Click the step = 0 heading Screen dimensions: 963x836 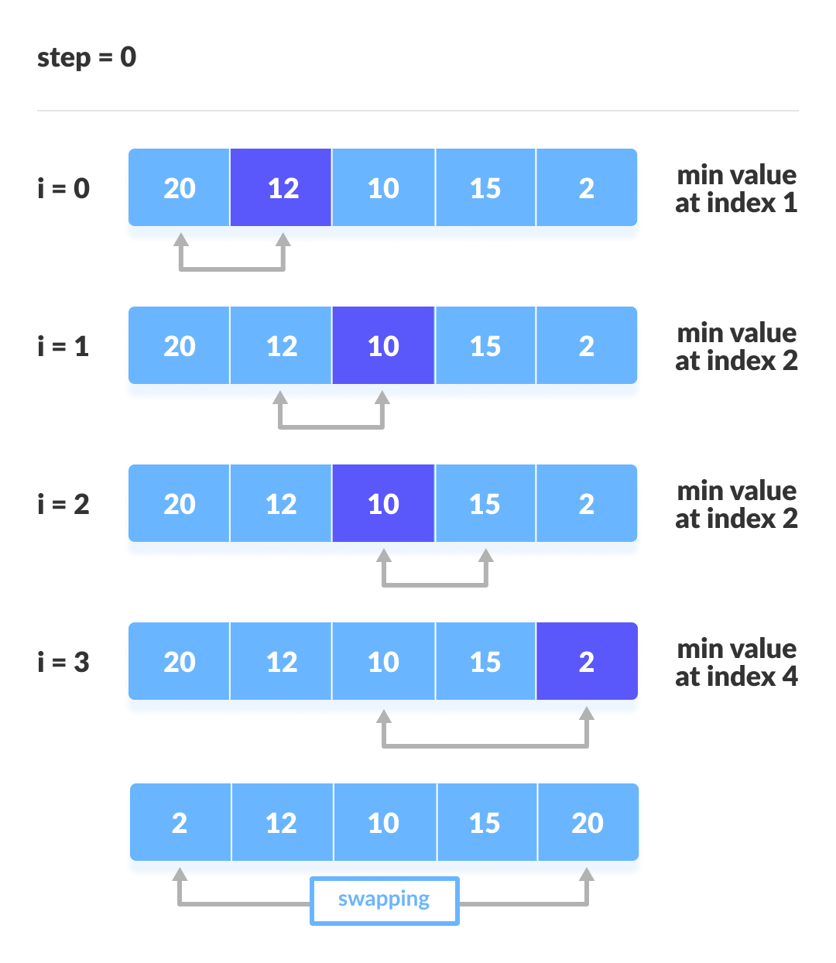click(x=87, y=57)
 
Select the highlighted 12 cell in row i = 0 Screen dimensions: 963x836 click(x=281, y=188)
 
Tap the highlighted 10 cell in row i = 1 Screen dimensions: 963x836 click(x=383, y=346)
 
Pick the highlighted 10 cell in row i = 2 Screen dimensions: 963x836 click(x=383, y=504)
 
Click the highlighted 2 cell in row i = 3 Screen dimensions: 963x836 click(x=587, y=662)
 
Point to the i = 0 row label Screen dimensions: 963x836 click(x=63, y=188)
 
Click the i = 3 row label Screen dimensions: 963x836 click(x=63, y=662)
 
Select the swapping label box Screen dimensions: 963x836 click(x=385, y=900)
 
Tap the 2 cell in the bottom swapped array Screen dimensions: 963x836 click(x=180, y=823)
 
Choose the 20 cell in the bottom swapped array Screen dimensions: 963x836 click(x=588, y=823)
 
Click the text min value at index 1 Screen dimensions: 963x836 click(x=736, y=189)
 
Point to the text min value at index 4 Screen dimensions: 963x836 click(x=736, y=663)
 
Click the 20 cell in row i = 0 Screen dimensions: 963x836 click(x=180, y=188)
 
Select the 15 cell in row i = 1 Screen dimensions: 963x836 click(x=485, y=346)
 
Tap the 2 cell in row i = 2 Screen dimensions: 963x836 click(x=587, y=504)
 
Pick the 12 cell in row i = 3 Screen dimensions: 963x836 click(x=281, y=662)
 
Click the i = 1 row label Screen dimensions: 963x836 click(x=63, y=346)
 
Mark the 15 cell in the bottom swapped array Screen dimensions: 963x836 click(x=485, y=823)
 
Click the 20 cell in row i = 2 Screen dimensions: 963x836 click(x=180, y=504)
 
